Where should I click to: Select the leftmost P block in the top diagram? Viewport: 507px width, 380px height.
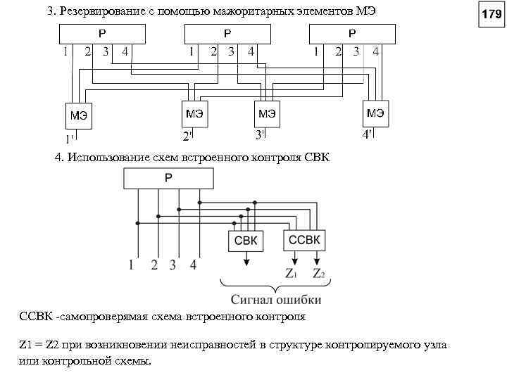[103, 34]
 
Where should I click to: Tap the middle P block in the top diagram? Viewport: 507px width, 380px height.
[227, 34]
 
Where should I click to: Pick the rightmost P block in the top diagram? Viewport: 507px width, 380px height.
[352, 34]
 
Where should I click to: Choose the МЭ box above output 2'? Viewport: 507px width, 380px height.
[195, 113]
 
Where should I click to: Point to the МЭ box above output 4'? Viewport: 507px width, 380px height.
[375, 113]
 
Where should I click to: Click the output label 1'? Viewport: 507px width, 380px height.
[69, 139]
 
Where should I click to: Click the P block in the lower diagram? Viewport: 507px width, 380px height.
[168, 179]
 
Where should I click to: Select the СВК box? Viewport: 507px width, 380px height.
[246, 241]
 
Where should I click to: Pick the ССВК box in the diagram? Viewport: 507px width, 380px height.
[305, 240]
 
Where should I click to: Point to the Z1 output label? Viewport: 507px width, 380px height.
[291, 272]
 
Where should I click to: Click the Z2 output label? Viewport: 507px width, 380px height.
[318, 272]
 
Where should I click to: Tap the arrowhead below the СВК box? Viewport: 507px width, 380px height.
[246, 263]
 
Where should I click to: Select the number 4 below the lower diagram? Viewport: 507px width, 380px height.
[193, 265]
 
